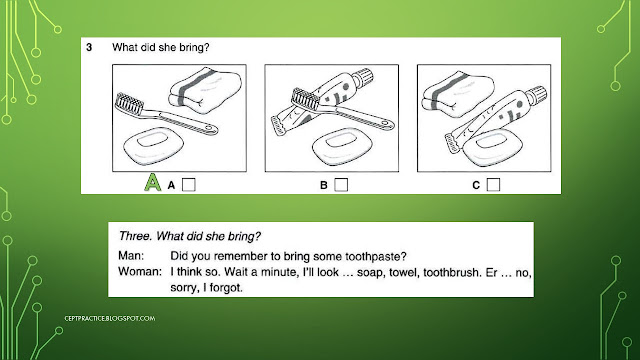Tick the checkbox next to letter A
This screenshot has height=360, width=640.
[190, 183]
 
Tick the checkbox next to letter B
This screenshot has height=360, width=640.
[341, 183]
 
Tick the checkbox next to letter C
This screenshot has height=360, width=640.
[493, 183]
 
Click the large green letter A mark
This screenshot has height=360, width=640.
[152, 182]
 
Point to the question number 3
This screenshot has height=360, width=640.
[90, 46]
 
